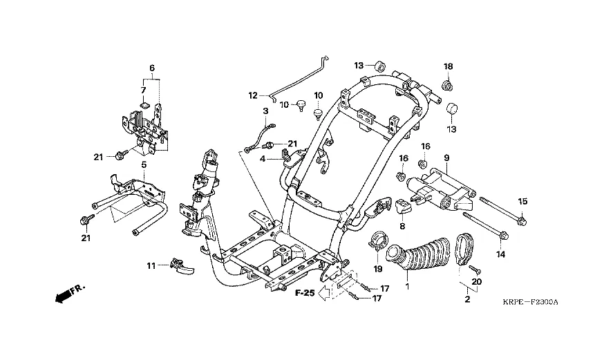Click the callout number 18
coord(448,66)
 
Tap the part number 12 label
coord(253,95)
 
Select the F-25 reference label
coord(305,293)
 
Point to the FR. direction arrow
coord(66,293)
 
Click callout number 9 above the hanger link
coord(446,157)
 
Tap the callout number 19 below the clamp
coord(378,267)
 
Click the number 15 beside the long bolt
coord(523,201)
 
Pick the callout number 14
coord(500,254)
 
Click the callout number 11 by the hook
coord(151,265)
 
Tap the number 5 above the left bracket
coord(144,164)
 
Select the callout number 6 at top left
coord(151,68)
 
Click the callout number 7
coord(144,89)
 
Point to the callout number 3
coord(265,111)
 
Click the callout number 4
coord(263,159)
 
